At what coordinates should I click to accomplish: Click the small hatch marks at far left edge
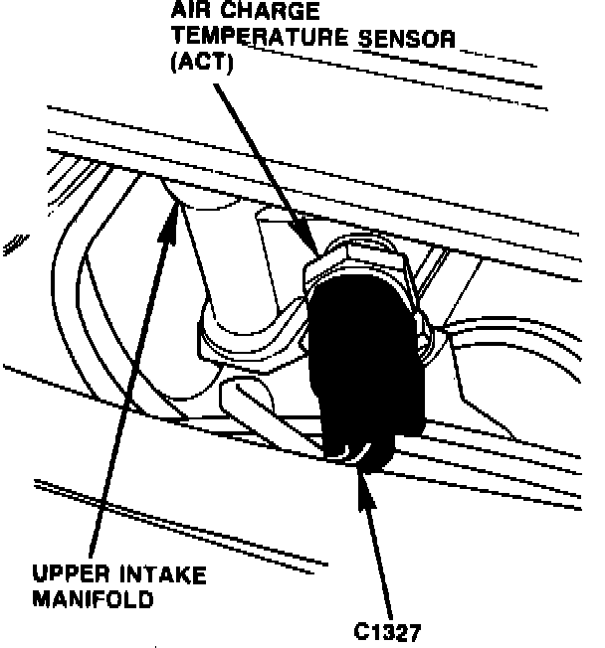pos(13,240)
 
